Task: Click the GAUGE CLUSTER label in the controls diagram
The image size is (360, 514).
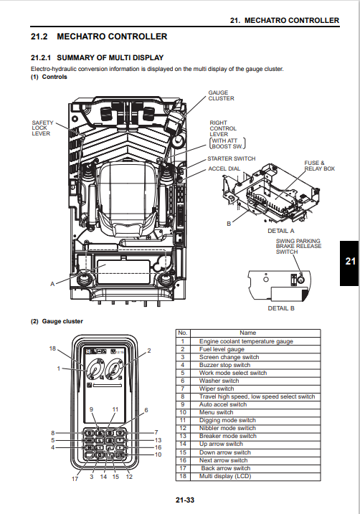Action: click(x=222, y=95)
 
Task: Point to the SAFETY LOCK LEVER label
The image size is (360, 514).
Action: click(x=42, y=128)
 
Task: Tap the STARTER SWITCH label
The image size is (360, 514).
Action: click(x=231, y=158)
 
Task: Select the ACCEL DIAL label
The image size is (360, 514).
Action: click(x=224, y=168)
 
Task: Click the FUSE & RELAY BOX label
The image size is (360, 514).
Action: click(x=319, y=166)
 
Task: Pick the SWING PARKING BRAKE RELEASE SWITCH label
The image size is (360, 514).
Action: click(x=298, y=246)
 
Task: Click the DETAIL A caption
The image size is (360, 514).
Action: click(x=281, y=231)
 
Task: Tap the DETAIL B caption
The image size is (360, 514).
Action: click(x=281, y=308)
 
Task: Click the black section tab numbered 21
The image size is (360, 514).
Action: click(x=350, y=263)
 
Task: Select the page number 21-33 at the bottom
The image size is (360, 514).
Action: click(x=185, y=500)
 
